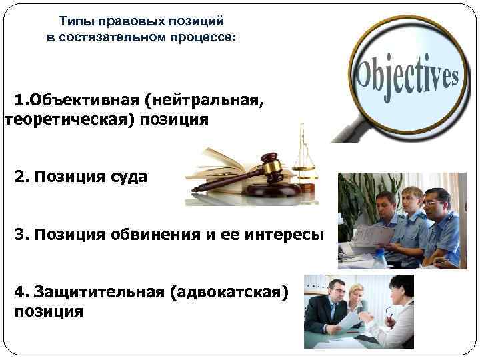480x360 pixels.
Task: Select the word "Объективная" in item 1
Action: (x=81, y=100)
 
